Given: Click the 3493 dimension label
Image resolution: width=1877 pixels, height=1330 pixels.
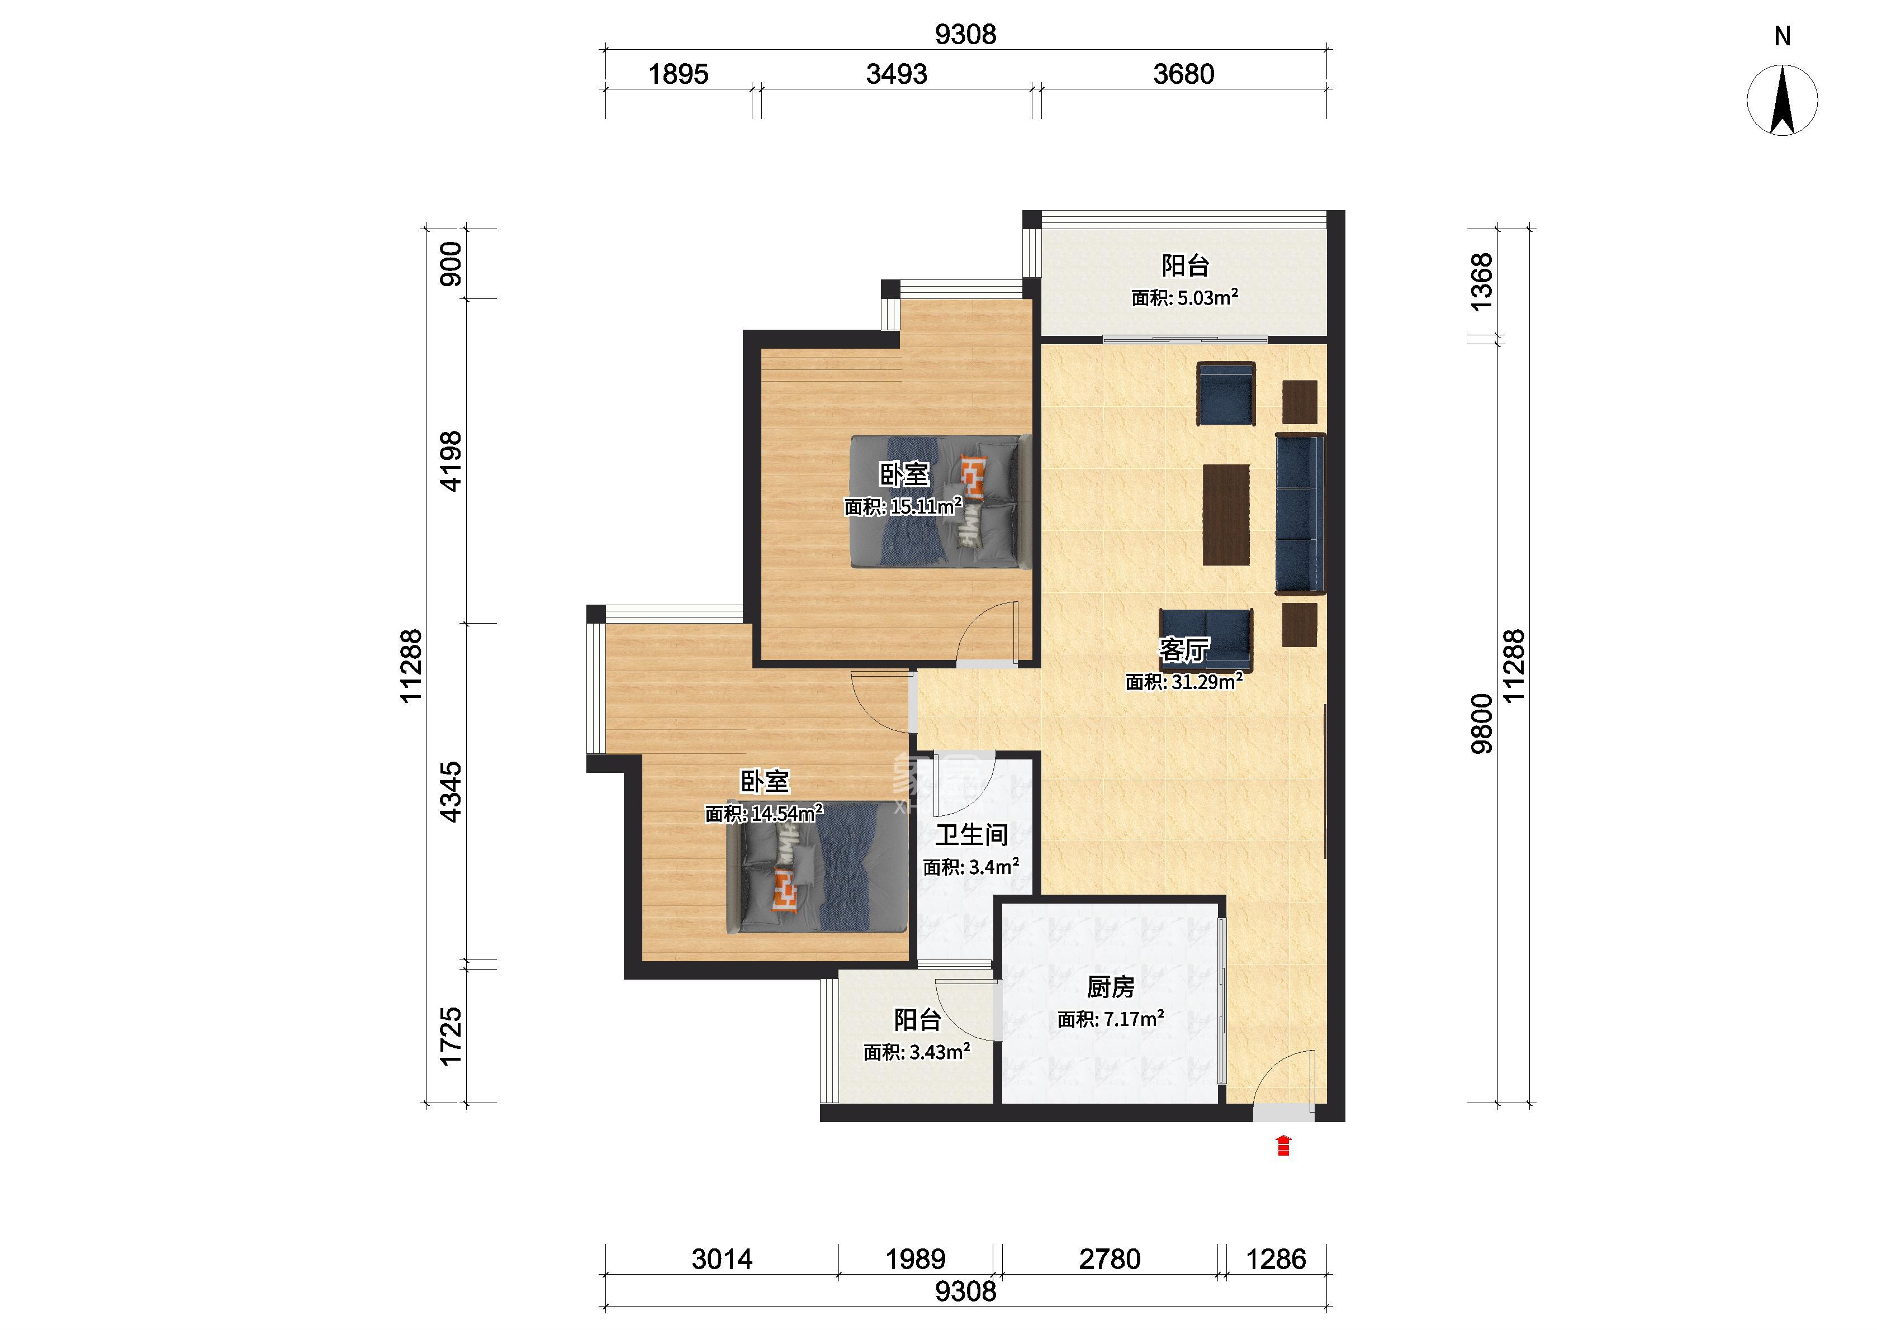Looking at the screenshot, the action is click(897, 74).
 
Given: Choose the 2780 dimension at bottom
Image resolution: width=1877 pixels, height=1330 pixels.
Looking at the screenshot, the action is click(1110, 1258).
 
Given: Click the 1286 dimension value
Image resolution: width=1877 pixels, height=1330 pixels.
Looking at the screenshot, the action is click(1276, 1258).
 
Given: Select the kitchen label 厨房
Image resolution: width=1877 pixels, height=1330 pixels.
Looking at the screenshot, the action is click(1111, 987).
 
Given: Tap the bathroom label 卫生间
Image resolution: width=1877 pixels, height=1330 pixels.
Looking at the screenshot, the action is click(971, 835).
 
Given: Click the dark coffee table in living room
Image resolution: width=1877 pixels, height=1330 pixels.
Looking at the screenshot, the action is click(1226, 514).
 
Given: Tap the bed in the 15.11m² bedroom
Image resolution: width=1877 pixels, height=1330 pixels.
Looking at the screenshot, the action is click(939, 501).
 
